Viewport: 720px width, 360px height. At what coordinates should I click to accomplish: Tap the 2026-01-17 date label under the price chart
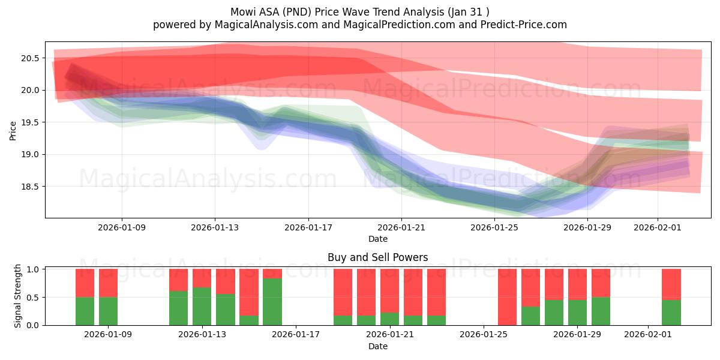coord(308,228)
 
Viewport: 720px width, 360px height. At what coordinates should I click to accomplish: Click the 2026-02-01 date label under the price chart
coord(657,228)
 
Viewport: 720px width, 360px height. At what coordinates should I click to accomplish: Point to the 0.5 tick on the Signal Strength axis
coord(34,298)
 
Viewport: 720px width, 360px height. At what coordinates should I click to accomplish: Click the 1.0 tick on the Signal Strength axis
coord(34,269)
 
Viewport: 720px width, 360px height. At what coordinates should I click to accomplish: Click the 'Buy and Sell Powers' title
coord(377,257)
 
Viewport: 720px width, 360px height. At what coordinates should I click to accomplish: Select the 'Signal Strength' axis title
coord(18,296)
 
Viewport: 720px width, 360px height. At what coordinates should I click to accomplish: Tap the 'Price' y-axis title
coord(13,130)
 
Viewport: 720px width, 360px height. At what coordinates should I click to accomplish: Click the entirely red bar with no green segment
coord(507,297)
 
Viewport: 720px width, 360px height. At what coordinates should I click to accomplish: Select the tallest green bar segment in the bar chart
coord(272,301)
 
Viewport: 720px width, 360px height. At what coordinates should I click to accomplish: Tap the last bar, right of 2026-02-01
coord(671,297)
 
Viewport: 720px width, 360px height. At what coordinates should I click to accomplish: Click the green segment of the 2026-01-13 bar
coord(202,306)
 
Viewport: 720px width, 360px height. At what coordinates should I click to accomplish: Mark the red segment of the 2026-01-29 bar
coord(577,284)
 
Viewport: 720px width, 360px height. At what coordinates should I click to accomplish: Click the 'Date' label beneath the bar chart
coord(377,346)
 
